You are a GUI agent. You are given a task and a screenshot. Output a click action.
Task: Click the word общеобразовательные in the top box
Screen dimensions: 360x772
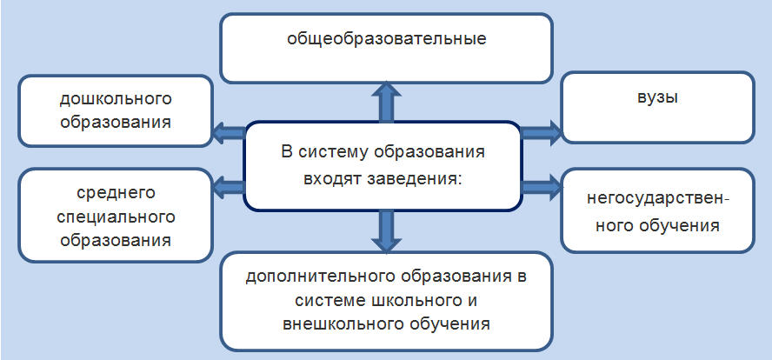click(386, 39)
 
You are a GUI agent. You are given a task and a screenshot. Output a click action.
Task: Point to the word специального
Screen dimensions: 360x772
click(116, 215)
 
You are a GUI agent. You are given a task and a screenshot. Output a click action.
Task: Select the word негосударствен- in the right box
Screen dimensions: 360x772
click(657, 200)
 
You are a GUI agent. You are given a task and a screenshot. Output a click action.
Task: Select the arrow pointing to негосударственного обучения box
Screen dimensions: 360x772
click(541, 184)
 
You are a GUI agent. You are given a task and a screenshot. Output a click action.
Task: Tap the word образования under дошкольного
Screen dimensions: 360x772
click(116, 121)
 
